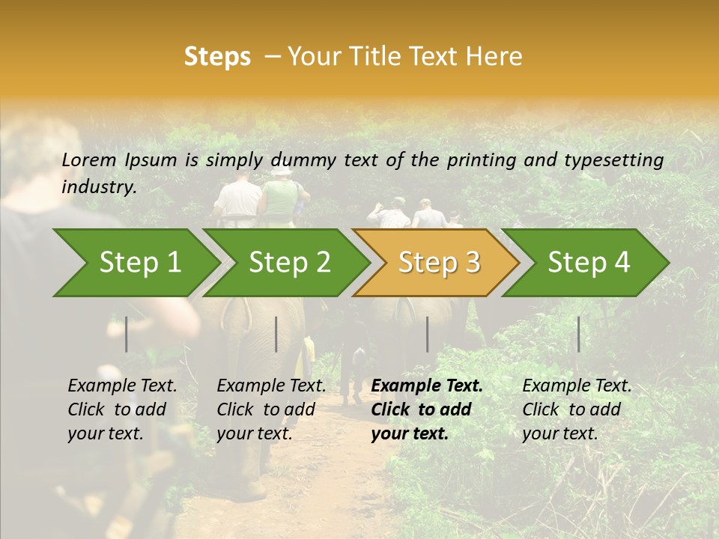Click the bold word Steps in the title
217,57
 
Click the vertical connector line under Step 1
127,334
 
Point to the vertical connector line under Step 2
276,334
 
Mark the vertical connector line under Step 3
427,334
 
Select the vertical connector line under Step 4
578,334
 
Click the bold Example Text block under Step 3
427,409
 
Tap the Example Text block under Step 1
122,409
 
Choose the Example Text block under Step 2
271,409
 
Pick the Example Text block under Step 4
577,409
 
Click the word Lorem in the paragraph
89,159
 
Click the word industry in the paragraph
98,186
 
